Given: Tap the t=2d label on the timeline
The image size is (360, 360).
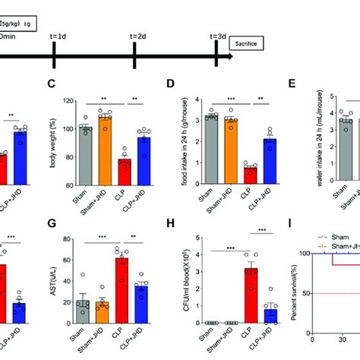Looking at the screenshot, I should coord(137,36).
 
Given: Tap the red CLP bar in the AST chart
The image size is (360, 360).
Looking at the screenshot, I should coord(125,301).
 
